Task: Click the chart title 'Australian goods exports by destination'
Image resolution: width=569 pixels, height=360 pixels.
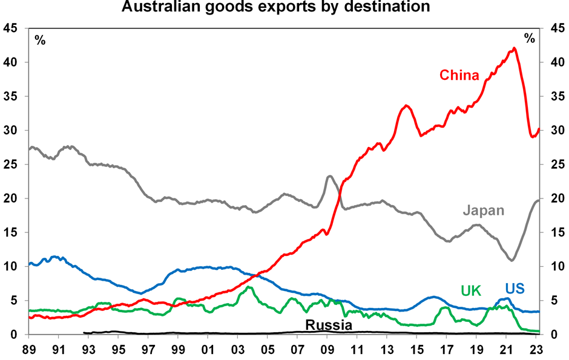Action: click(x=276, y=7)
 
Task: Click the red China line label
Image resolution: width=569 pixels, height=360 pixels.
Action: click(x=459, y=76)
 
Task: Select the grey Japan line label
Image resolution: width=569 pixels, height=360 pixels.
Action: click(x=483, y=211)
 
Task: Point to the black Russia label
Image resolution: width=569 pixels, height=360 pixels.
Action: click(x=329, y=325)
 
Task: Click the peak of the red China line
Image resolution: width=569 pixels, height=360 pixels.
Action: click(x=514, y=48)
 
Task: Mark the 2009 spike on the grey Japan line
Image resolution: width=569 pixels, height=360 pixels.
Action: click(x=329, y=176)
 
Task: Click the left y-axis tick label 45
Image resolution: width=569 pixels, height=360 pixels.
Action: click(x=12, y=28)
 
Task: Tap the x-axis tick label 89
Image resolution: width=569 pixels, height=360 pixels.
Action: click(x=28, y=349)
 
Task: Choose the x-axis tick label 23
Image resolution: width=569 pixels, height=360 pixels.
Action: click(x=536, y=349)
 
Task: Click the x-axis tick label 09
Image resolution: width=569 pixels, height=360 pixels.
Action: click(x=327, y=349)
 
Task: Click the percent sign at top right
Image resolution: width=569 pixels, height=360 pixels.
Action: click(x=530, y=39)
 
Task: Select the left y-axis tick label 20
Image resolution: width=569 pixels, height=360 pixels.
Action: click(x=12, y=198)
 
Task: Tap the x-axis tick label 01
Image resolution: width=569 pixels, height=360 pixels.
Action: click(x=208, y=349)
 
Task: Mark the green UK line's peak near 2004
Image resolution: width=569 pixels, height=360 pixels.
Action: click(x=248, y=287)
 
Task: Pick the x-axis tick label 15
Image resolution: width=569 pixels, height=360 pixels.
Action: click(x=416, y=349)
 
